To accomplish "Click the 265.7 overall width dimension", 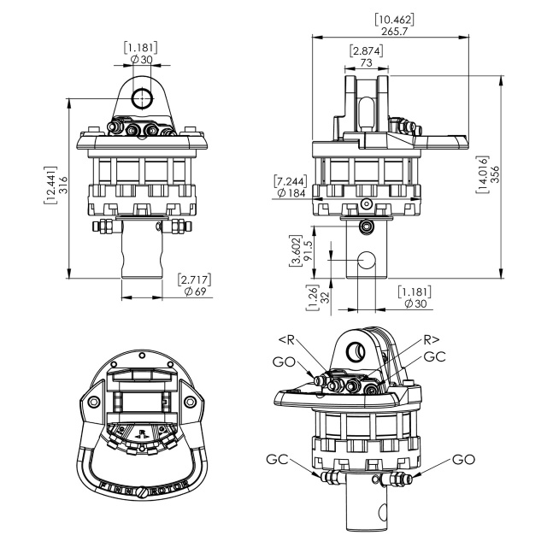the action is pyautogui.click(x=394, y=32).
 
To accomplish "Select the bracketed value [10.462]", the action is pyautogui.click(x=395, y=19).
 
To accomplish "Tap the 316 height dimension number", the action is pyautogui.click(x=63, y=185).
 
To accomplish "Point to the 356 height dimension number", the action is pyautogui.click(x=495, y=174).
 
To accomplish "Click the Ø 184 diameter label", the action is pyautogui.click(x=291, y=192).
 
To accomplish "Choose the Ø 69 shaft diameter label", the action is pyautogui.click(x=196, y=291).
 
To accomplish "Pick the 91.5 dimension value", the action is pyautogui.click(x=308, y=250).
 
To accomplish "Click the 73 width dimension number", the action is pyautogui.click(x=366, y=62).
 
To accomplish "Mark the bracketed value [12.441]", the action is pyautogui.click(x=50, y=185).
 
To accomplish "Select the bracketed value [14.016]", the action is pyautogui.click(x=482, y=174).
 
